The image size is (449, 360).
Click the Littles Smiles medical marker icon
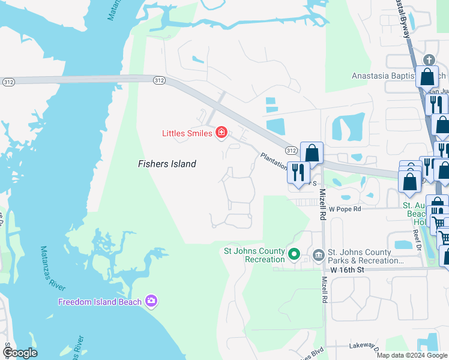point(221,133)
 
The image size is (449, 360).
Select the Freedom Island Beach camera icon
point(151,301)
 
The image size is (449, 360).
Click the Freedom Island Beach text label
point(100,302)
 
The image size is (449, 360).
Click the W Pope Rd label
point(345,209)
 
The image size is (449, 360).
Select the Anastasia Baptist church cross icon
point(428,60)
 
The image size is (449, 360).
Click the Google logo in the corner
point(20,352)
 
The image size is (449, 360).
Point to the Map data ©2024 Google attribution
point(411,355)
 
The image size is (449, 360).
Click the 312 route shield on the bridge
point(159,80)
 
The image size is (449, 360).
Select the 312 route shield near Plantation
point(291,150)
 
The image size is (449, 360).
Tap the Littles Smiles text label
point(187,133)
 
